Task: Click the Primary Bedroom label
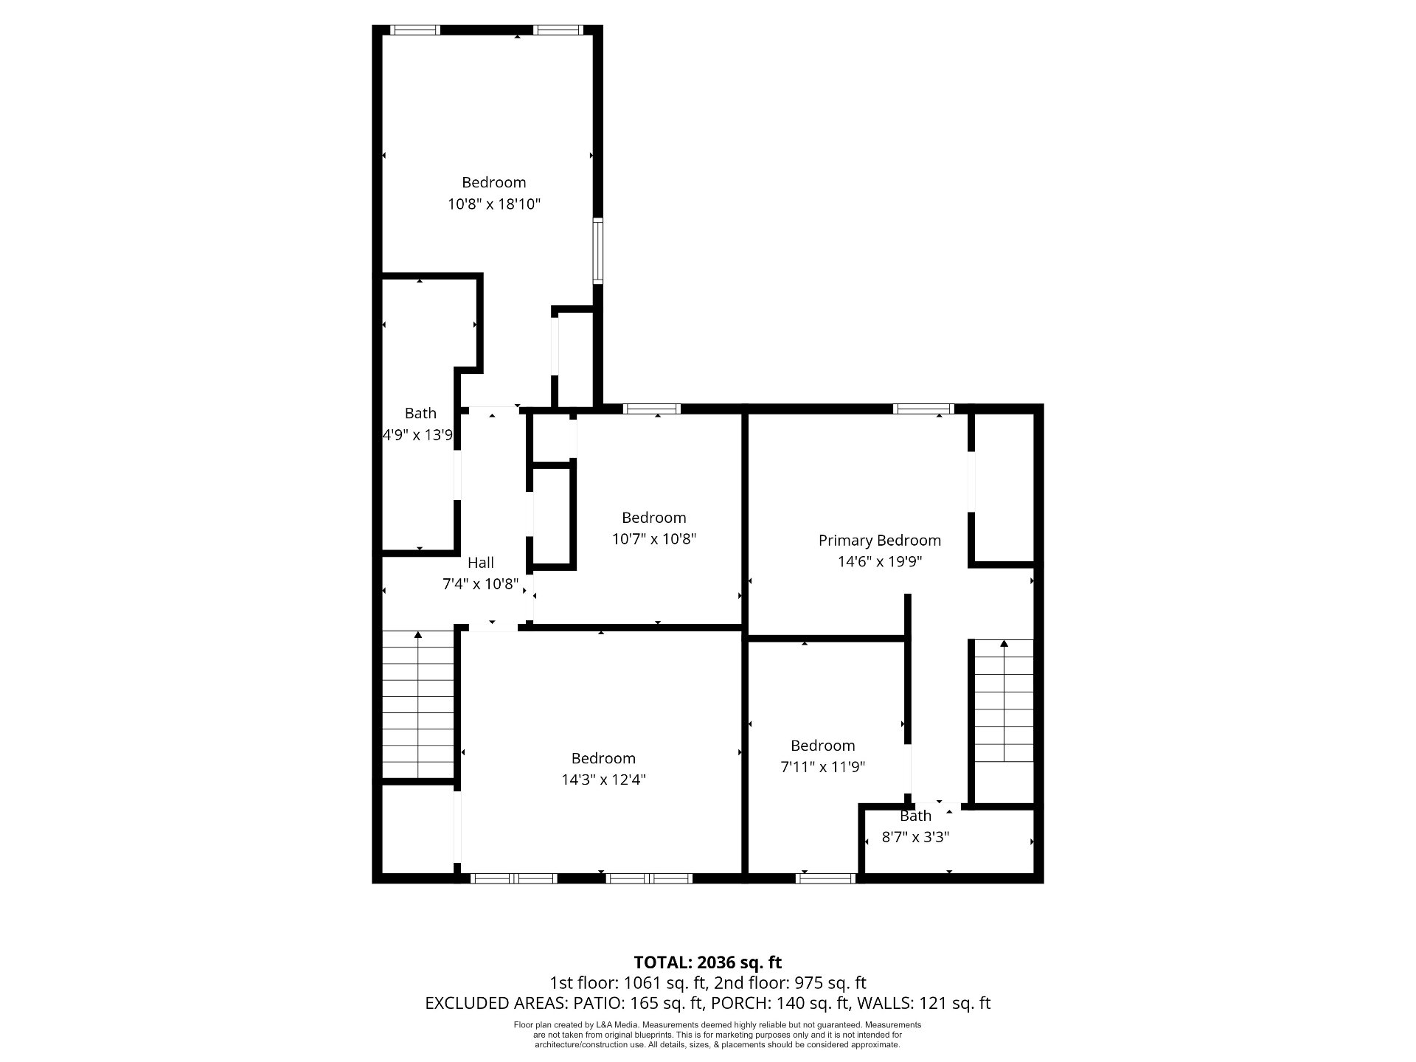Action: pyautogui.click(x=879, y=541)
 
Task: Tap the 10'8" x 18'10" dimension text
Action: pyautogui.click(x=494, y=204)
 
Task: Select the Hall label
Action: pyautogui.click(x=481, y=563)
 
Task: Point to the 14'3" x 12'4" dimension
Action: pyautogui.click(x=603, y=780)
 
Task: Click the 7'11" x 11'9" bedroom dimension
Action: pyautogui.click(x=822, y=767)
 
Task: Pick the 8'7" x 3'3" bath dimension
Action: pyautogui.click(x=915, y=837)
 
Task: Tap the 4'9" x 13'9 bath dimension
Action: pyautogui.click(x=417, y=435)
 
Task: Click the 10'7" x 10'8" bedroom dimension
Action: pyautogui.click(x=654, y=539)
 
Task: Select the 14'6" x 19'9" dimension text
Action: pyautogui.click(x=880, y=562)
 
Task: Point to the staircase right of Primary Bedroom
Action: pyautogui.click(x=1004, y=701)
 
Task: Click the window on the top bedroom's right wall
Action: pyautogui.click(x=598, y=251)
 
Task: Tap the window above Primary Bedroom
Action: pyautogui.click(x=923, y=409)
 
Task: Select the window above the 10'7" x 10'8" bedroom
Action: pyautogui.click(x=652, y=409)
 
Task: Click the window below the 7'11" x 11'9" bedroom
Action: pyautogui.click(x=825, y=878)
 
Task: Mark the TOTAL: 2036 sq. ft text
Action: pyautogui.click(x=708, y=962)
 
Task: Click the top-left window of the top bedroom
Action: pyautogui.click(x=415, y=30)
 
